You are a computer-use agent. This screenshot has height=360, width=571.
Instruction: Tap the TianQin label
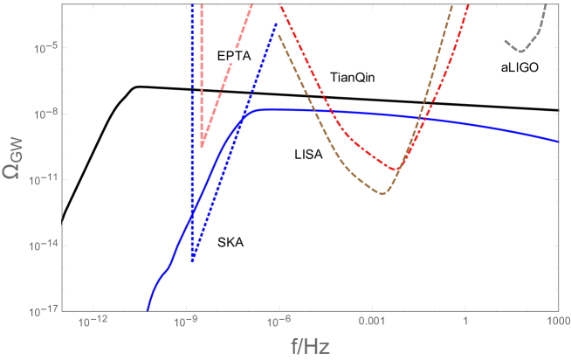point(353,79)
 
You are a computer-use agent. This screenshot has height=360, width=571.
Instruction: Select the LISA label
point(308,155)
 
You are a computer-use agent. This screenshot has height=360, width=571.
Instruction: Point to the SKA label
point(231,243)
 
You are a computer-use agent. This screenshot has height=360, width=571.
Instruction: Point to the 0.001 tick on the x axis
point(372,323)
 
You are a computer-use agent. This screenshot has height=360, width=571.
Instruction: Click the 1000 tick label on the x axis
point(557,323)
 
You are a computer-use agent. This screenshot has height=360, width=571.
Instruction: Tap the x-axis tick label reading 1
point(465,323)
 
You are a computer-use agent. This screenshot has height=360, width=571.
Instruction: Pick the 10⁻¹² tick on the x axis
point(91,323)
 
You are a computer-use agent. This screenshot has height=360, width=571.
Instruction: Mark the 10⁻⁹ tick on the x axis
point(184,323)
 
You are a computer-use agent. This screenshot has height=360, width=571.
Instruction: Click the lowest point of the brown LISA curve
point(382,193)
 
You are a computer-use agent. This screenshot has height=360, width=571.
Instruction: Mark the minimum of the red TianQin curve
point(396,170)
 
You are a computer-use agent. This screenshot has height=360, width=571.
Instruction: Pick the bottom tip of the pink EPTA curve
point(202,146)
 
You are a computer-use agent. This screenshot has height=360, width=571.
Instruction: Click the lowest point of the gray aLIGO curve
point(520,51)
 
